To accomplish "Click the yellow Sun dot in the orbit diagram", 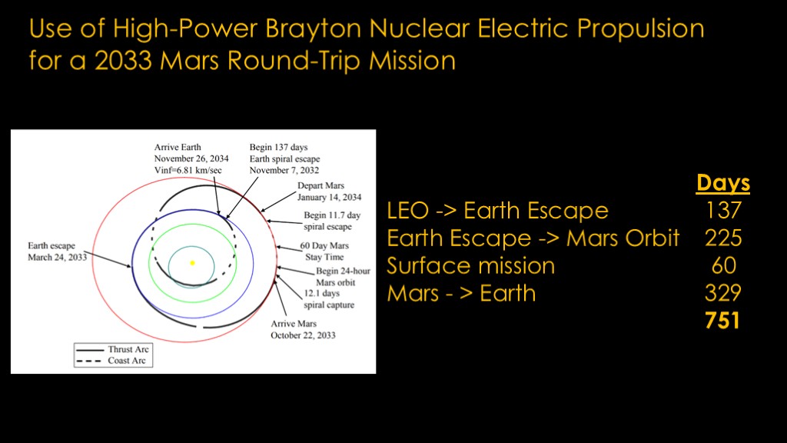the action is tap(192, 263).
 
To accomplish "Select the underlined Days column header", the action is tap(722, 183).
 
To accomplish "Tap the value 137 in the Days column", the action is tap(723, 210).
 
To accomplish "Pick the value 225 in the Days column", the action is tap(723, 238).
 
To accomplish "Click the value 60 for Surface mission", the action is tap(724, 265).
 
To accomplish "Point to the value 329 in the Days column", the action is tap(723, 293).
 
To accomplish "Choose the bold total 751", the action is tap(722, 321).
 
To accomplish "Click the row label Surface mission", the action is tap(471, 265).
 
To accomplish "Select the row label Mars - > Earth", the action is tap(461, 293).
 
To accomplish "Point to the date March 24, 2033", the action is tap(57, 257).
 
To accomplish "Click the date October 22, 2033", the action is tap(303, 335).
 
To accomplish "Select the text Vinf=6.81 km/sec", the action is tap(188, 170).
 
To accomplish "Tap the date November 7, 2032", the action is tap(284, 170).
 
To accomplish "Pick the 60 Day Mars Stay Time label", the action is tap(324, 251).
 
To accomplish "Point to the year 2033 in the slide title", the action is tap(123, 60).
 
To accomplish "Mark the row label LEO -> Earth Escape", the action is tap(497, 210).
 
